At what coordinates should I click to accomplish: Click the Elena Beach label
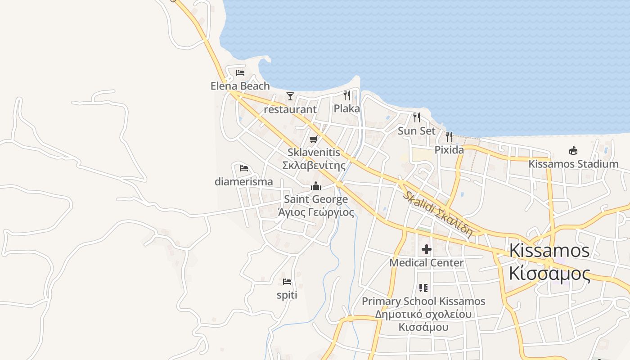(x=240, y=86)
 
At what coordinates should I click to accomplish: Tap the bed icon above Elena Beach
(x=240, y=72)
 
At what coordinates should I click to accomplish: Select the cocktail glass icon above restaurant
(x=290, y=96)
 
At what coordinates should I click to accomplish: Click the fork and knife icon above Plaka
(x=346, y=95)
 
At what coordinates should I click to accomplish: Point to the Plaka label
(x=346, y=108)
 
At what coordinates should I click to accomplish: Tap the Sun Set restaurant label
(x=417, y=131)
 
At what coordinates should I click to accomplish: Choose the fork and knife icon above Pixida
(x=449, y=136)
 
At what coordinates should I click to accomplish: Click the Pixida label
(x=449, y=150)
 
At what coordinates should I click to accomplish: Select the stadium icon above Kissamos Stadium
(x=573, y=150)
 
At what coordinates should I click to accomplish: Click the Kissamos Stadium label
(x=573, y=164)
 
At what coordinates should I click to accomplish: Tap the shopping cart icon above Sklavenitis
(x=314, y=139)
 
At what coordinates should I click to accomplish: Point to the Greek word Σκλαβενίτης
(x=314, y=165)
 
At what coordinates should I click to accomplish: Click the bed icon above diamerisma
(x=244, y=168)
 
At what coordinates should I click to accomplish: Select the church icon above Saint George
(x=316, y=186)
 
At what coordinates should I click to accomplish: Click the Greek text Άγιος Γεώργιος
(x=316, y=212)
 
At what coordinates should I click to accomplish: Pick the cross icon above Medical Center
(x=426, y=249)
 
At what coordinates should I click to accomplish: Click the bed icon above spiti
(x=287, y=282)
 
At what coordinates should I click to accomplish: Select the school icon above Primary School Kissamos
(x=423, y=288)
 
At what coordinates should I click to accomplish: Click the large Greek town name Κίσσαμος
(x=549, y=273)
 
